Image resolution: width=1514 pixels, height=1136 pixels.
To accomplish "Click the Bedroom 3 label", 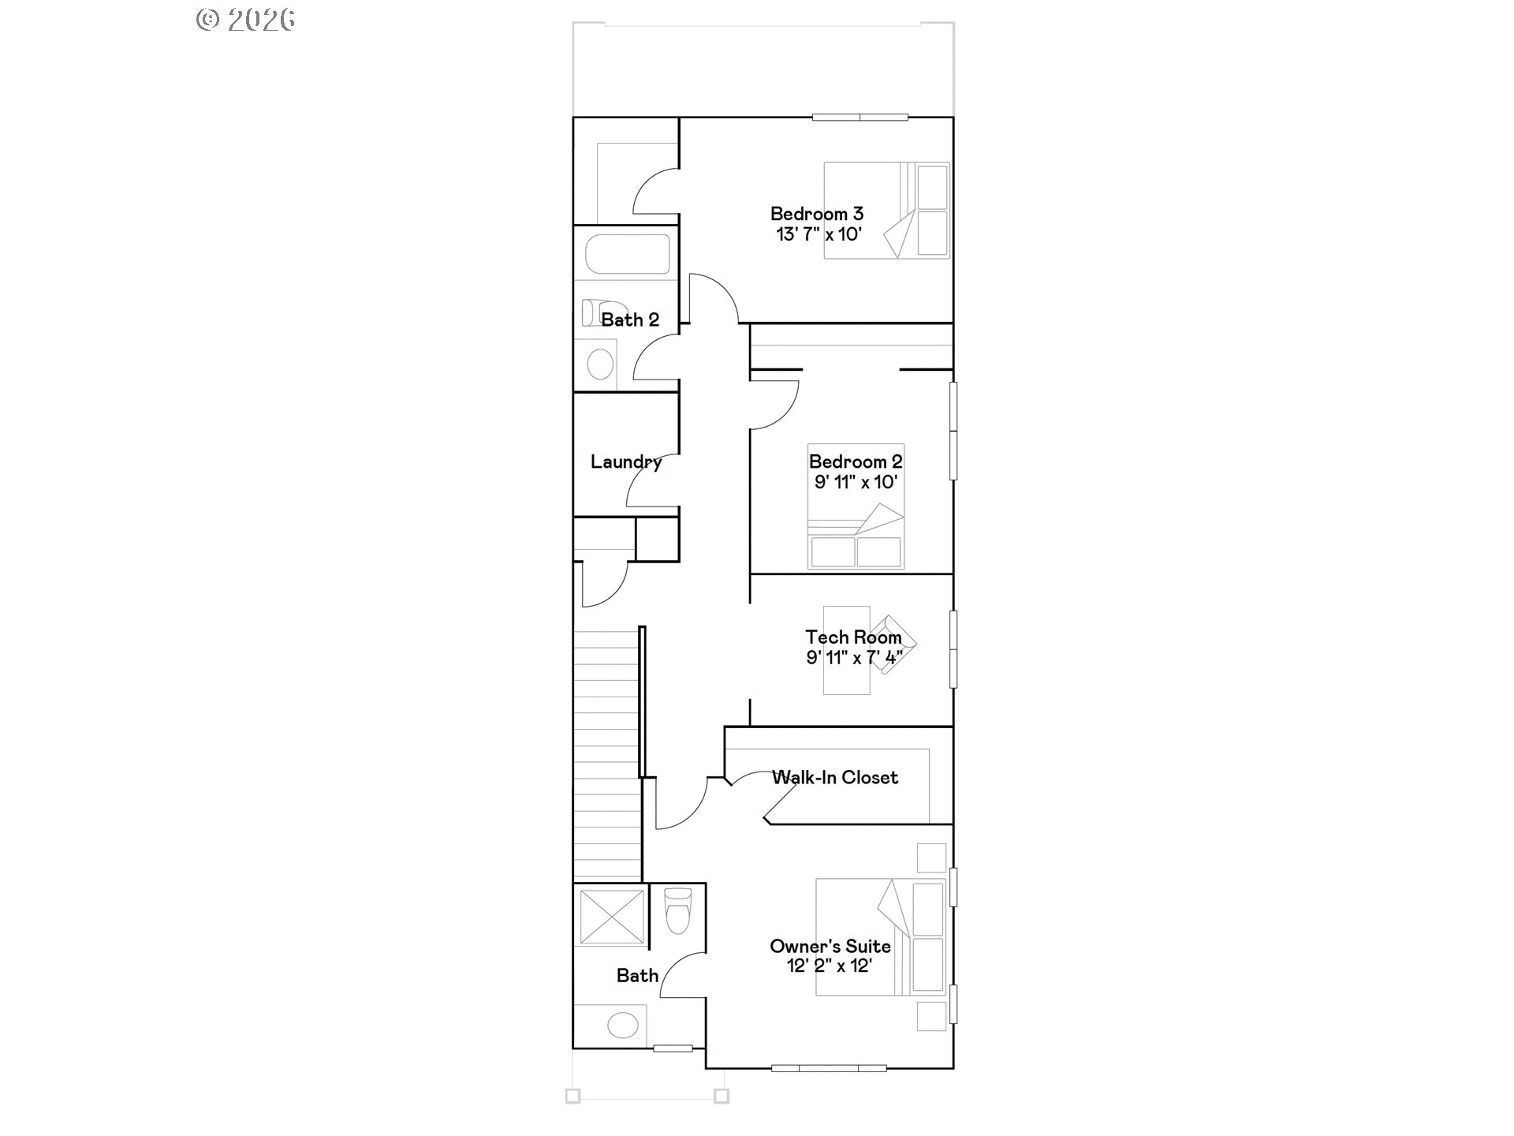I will tap(816, 214).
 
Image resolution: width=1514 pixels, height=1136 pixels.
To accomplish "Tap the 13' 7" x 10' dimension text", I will tap(819, 234).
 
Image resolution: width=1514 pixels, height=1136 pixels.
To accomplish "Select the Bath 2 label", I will tap(629, 319).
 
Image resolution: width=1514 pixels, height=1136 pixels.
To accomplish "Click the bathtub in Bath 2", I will tap(627, 254).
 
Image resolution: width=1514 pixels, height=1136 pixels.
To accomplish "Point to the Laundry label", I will tap(626, 461).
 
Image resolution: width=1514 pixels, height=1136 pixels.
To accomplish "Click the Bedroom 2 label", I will tap(856, 461).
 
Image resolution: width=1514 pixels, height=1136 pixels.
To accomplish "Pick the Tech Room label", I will tap(853, 637).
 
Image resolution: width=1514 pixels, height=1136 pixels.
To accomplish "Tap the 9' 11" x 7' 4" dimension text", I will tap(854, 657).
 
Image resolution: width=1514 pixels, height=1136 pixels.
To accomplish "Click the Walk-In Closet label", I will tap(835, 778).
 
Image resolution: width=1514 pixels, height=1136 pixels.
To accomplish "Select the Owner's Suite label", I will tap(830, 946).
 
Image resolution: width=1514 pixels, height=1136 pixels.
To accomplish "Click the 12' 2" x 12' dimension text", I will tap(830, 966).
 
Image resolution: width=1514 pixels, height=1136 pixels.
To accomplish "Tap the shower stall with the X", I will tap(612, 915).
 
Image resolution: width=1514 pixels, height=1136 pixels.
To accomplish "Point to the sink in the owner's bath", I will tap(623, 1026).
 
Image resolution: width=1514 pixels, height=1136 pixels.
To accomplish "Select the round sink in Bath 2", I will tap(601, 364).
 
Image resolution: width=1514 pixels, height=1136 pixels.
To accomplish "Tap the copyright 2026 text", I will tap(246, 20).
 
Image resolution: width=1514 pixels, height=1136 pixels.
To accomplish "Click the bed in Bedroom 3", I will tap(886, 210).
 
